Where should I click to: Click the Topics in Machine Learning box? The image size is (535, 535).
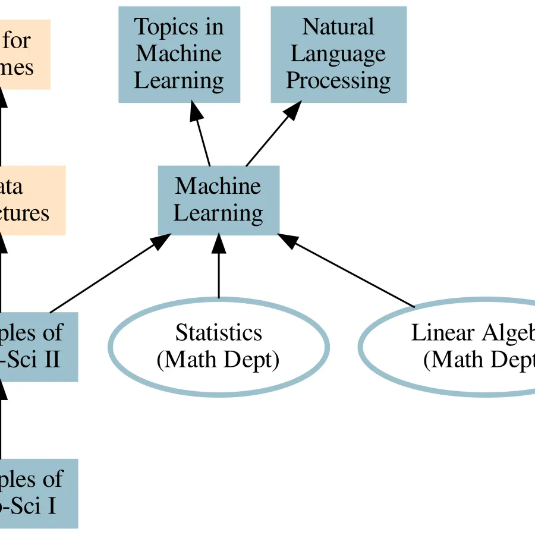[179, 54]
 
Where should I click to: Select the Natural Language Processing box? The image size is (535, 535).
[338, 54]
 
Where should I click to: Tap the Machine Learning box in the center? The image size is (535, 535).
[218, 200]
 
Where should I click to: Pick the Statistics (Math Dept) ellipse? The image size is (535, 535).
[218, 347]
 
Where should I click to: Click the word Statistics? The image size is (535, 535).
[218, 333]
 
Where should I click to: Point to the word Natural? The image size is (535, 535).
[338, 27]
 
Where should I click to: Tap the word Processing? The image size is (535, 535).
[338, 81]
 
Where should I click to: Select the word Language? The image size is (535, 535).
[338, 54]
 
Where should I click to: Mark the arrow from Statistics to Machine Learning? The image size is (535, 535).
[219, 267]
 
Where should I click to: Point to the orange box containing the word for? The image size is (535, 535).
[24, 54]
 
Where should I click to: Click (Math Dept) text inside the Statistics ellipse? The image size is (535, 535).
[218, 360]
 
